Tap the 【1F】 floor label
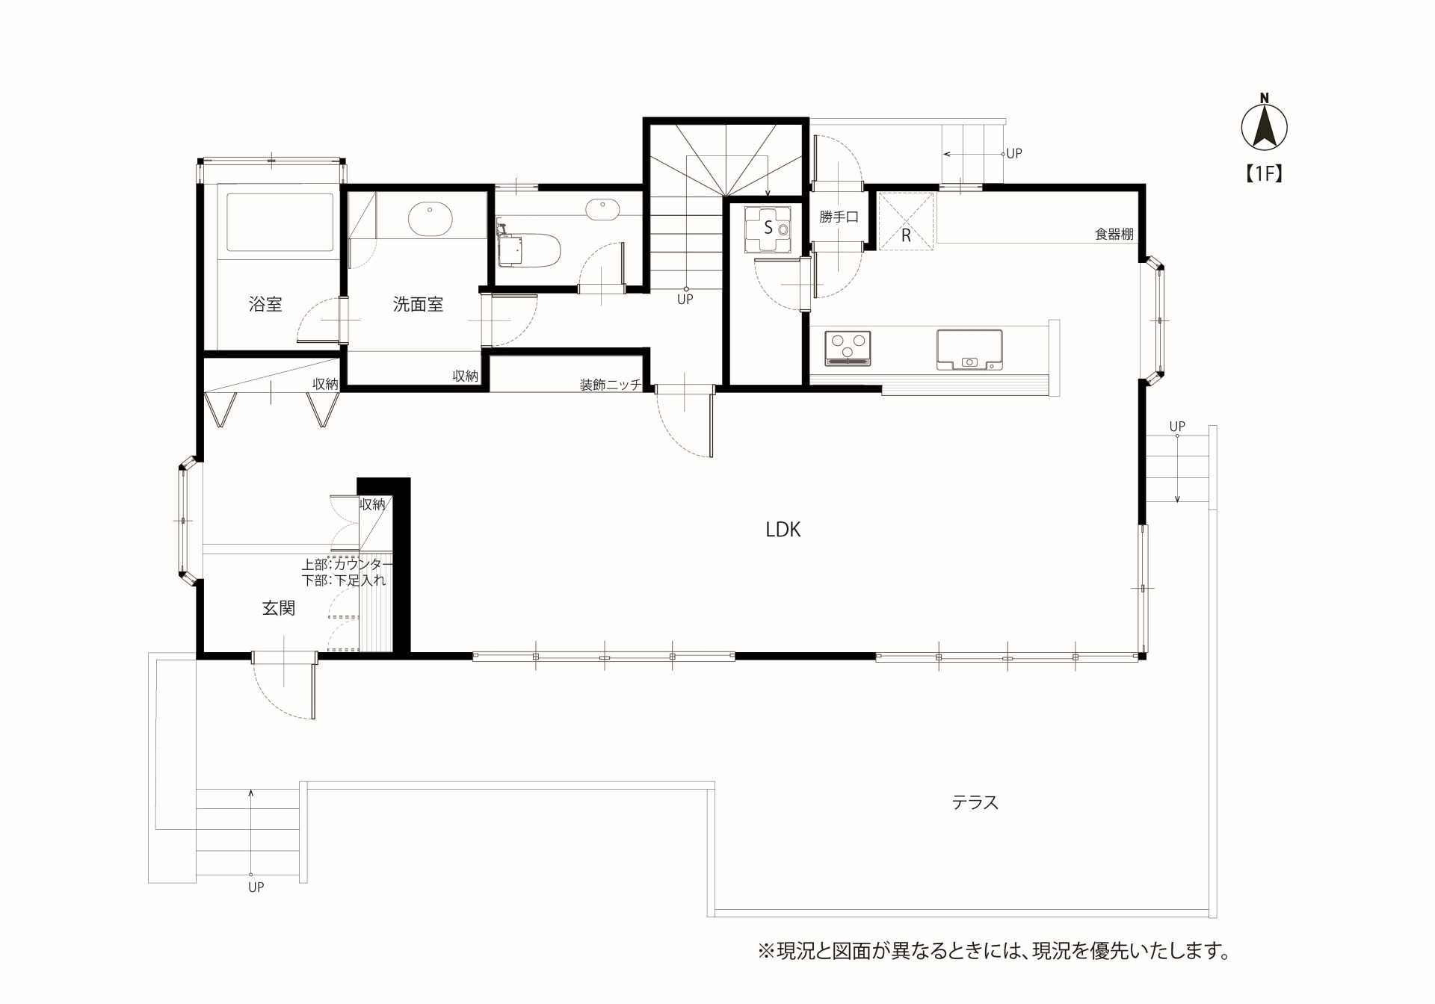click(1264, 173)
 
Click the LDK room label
click(783, 530)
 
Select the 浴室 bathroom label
click(265, 304)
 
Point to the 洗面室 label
click(419, 304)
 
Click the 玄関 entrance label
click(279, 608)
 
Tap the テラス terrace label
click(975, 802)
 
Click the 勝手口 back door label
click(839, 217)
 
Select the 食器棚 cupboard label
click(1114, 234)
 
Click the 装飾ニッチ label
click(611, 385)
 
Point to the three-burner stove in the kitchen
click(848, 349)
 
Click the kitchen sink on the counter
click(969, 350)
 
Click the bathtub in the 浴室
click(280, 223)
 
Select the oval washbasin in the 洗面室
click(430, 217)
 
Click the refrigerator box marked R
click(906, 220)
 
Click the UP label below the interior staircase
click(685, 300)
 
